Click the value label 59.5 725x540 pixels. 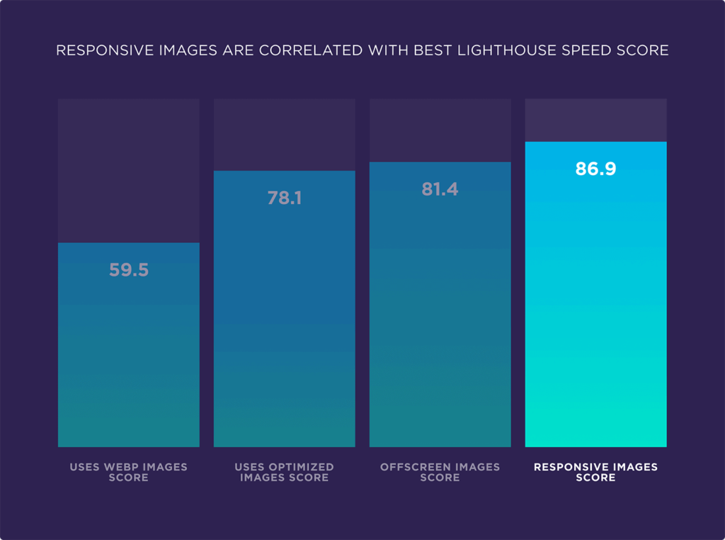click(129, 270)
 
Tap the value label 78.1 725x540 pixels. click(285, 198)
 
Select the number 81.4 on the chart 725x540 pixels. click(440, 189)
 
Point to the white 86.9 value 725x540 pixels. click(595, 169)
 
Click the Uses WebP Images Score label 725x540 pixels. click(129, 472)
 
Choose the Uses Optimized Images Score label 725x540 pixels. click(285, 472)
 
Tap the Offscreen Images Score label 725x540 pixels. click(440, 472)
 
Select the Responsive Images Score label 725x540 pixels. click(595, 472)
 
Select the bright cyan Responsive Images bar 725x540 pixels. click(595, 319)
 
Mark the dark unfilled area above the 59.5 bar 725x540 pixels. click(129, 170)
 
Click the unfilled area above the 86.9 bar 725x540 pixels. click(595, 120)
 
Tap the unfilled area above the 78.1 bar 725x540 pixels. click(285, 135)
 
